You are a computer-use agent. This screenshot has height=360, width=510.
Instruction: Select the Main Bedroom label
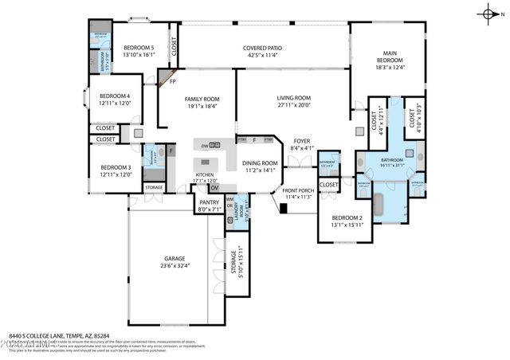390,57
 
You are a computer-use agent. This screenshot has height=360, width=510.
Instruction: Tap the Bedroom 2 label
347,217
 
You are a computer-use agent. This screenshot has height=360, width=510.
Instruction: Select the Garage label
175,260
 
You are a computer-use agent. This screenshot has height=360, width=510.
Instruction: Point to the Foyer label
301,140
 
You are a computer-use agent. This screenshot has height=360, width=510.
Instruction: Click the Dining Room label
261,163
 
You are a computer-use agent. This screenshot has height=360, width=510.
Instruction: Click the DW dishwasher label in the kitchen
205,146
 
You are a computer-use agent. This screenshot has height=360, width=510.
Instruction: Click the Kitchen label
205,174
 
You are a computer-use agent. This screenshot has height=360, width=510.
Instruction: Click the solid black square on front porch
283,209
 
